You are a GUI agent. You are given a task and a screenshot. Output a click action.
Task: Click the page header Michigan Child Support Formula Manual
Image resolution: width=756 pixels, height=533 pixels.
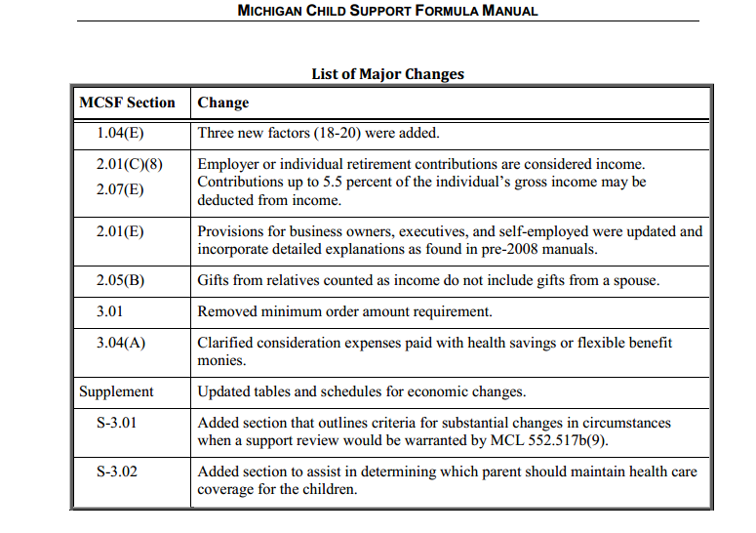pyautogui.click(x=387, y=10)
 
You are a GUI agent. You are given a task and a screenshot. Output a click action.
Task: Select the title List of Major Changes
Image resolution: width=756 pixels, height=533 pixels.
pyautogui.click(x=387, y=74)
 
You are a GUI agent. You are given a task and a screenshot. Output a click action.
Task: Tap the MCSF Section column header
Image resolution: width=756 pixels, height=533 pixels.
pyautogui.click(x=127, y=102)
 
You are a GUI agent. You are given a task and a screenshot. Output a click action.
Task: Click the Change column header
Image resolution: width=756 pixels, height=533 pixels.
pyautogui.click(x=223, y=102)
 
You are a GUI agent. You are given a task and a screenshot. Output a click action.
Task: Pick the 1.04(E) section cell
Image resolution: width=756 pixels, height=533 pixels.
pyautogui.click(x=120, y=133)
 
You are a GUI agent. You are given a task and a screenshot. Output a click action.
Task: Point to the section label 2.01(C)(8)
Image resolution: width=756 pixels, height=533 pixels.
pyautogui.click(x=129, y=164)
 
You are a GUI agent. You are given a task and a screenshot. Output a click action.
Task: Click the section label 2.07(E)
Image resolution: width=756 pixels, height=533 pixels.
pyautogui.click(x=120, y=189)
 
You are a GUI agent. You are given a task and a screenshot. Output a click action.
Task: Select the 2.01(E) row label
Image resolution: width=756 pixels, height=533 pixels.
pyautogui.click(x=120, y=231)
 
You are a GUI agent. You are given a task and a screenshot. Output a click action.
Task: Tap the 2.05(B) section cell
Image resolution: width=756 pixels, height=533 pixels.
pyautogui.click(x=120, y=280)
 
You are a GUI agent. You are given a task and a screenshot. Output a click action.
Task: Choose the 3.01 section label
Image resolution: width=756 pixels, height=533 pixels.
pyautogui.click(x=109, y=311)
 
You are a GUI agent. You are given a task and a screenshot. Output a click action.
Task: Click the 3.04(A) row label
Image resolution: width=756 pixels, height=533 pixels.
pyautogui.click(x=121, y=343)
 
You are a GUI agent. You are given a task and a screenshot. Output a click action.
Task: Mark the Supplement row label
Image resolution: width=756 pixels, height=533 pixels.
pyautogui.click(x=116, y=391)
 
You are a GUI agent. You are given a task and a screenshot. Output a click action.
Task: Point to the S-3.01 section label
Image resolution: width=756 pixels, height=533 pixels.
pyautogui.click(x=117, y=423)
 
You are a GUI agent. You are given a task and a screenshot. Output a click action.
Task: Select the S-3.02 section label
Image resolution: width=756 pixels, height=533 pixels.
pyautogui.click(x=117, y=471)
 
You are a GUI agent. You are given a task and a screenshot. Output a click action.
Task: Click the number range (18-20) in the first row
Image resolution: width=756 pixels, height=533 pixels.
pyautogui.click(x=337, y=133)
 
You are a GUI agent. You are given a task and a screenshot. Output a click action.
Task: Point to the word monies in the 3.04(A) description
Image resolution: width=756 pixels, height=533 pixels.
pyautogui.click(x=221, y=360)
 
